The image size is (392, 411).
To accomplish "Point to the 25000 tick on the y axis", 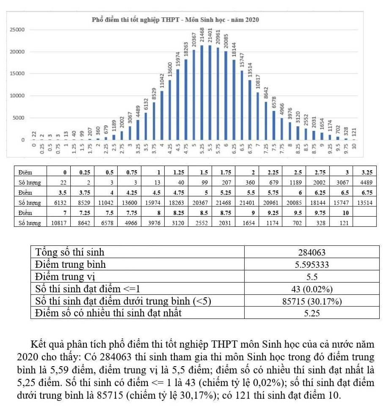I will click(17, 30).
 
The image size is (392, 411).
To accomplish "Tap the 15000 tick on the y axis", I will click(17, 74).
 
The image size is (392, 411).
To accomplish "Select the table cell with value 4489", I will click(364, 183).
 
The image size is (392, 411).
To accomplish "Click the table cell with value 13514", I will click(364, 203).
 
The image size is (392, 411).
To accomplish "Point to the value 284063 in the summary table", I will click(312, 253).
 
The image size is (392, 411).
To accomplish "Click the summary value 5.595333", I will click(312, 265).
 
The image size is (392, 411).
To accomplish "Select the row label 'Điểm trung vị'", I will click(65, 277).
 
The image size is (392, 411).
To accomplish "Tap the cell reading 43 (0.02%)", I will click(312, 289).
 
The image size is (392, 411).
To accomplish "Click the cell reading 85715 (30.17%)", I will click(312, 301).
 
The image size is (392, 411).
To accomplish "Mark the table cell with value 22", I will click(63, 183).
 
